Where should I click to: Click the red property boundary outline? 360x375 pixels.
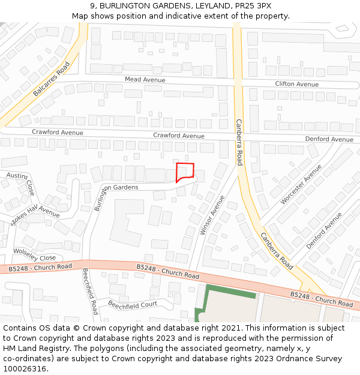pos(185,172)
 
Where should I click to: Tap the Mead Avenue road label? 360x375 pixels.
pos(145,79)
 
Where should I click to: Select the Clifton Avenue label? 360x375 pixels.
pos(297,85)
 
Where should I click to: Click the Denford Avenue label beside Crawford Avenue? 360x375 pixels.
pos(329,139)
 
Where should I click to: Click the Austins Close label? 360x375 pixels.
pos(20,182)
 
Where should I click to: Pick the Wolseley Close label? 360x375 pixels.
pos(34,254)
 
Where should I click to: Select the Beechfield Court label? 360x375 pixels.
pos(132,304)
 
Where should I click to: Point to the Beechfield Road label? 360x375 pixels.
pos(90,291)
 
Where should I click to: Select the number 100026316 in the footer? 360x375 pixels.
pos(25,368)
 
